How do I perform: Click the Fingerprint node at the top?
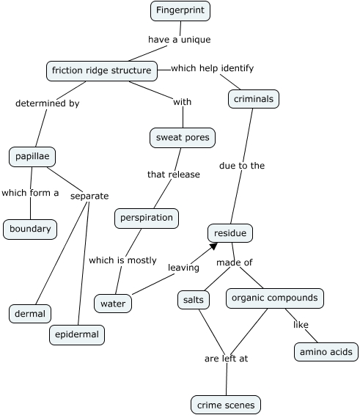pos(180,11)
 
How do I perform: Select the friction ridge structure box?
pos(102,71)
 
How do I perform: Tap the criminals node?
pos(254,98)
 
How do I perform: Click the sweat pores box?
pos(183,137)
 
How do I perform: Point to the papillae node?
pos(32,156)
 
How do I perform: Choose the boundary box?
pos(30,229)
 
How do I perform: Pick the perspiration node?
pos(147,218)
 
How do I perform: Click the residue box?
pos(230,233)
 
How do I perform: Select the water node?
pos(113,303)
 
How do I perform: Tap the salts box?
pos(194,299)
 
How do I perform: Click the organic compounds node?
pos(274,298)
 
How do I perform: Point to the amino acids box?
pos(326,352)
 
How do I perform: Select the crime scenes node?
pos(226,404)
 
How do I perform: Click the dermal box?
pos(30,314)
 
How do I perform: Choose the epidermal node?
pos(77,334)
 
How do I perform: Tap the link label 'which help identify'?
pos(212,68)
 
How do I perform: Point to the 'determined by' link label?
pos(47,103)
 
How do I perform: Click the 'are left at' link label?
pos(226,359)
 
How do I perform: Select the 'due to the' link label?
pos(242,166)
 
